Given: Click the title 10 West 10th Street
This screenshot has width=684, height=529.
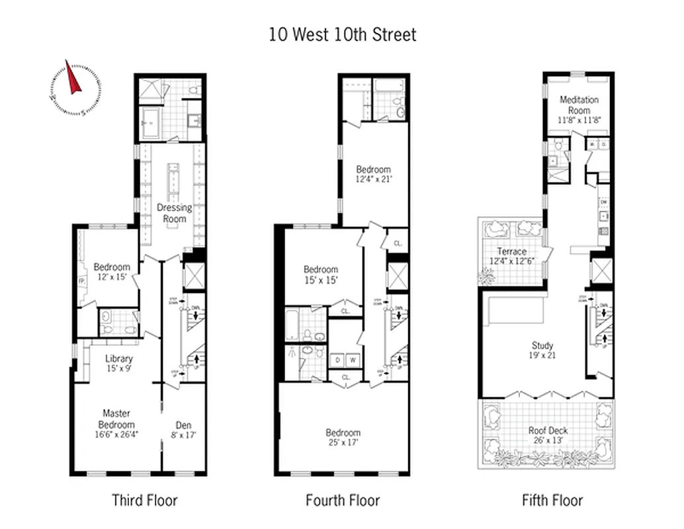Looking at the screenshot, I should [342, 34].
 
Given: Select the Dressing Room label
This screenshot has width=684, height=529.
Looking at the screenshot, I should [174, 213].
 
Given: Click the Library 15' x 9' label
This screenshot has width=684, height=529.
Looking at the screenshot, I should [119, 363].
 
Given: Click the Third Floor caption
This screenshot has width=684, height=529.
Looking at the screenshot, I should [144, 500].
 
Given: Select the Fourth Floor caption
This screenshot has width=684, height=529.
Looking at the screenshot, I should [343, 500].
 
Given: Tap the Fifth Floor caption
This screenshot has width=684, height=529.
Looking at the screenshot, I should [552, 500].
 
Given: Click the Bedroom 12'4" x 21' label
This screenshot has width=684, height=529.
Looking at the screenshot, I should [373, 174].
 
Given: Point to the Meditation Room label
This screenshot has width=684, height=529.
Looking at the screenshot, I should [579, 105].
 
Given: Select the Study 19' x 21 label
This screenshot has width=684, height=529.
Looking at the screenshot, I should [542, 350].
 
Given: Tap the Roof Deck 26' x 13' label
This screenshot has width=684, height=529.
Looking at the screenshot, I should [548, 435].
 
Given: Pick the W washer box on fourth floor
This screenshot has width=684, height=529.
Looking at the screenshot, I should [352, 360].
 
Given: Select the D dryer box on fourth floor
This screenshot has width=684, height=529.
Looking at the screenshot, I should [337, 360].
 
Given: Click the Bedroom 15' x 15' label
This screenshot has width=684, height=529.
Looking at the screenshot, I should [321, 274].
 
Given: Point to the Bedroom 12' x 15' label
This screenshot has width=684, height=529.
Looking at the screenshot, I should [112, 272].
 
